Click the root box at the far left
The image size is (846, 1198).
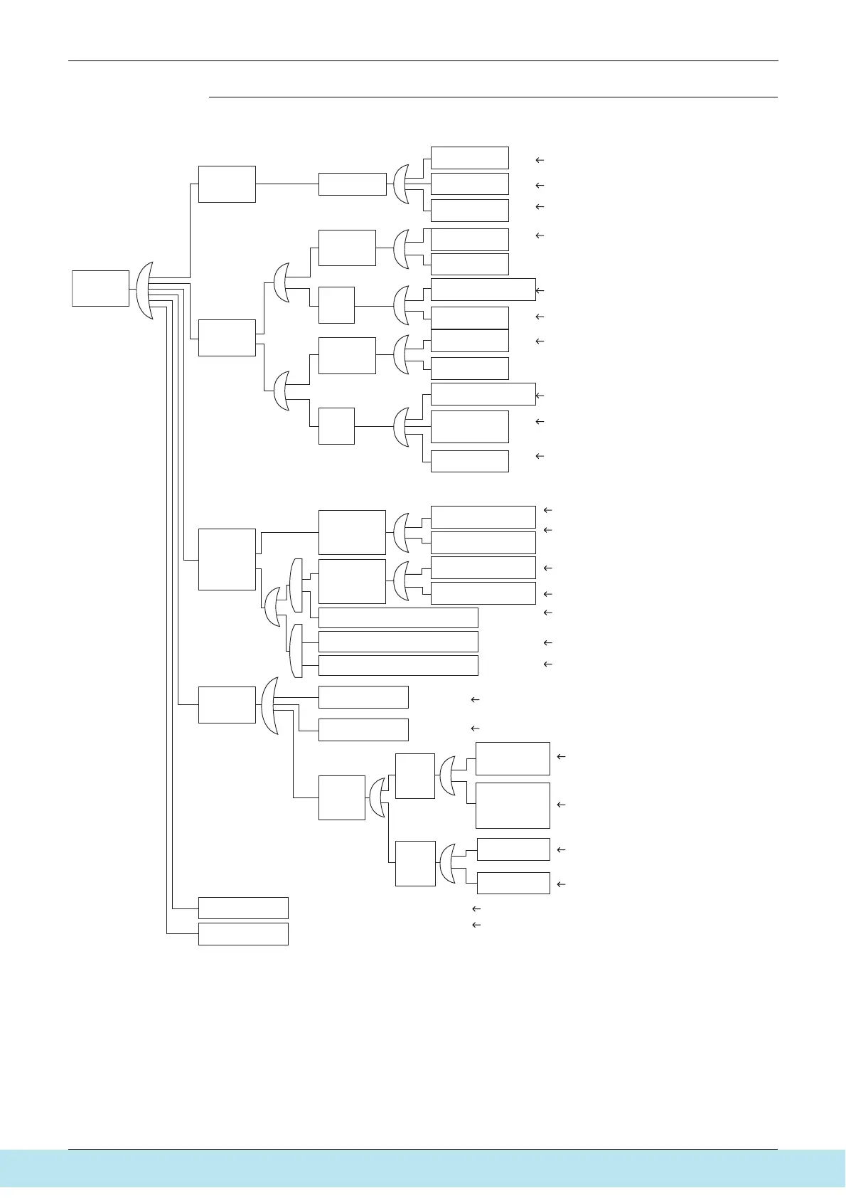click(x=100, y=288)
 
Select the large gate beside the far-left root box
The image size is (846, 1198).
click(x=144, y=290)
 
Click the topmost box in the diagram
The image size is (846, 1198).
click(x=469, y=157)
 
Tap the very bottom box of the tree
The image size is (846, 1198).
click(x=243, y=933)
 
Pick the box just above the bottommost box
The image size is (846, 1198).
click(x=243, y=908)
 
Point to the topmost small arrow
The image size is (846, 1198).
click(x=540, y=161)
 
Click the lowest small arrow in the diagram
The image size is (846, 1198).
click(x=476, y=925)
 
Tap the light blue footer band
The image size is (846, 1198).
click(x=423, y=1168)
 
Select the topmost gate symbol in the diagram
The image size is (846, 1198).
click(x=402, y=184)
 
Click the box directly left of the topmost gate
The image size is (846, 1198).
click(x=352, y=184)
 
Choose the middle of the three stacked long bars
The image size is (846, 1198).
click(x=398, y=642)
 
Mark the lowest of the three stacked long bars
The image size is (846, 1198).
click(x=398, y=666)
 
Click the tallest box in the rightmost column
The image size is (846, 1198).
click(x=513, y=805)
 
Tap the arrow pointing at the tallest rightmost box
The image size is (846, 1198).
click(x=561, y=805)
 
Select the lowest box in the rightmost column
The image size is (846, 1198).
click(x=513, y=883)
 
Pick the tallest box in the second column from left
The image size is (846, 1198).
click(x=227, y=559)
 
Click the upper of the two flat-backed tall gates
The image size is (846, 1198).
click(x=296, y=585)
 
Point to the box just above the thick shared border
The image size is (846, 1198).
click(x=469, y=318)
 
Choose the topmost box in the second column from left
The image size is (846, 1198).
click(x=227, y=184)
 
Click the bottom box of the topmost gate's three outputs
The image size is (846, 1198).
click(x=469, y=211)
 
